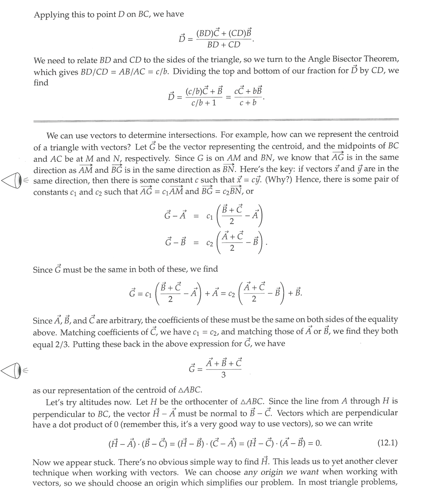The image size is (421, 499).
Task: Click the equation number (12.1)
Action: pos(387,443)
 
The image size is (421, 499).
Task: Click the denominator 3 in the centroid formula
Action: pos(224,375)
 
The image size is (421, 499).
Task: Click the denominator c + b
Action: pos(248,103)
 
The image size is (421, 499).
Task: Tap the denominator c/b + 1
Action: pos(200,103)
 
